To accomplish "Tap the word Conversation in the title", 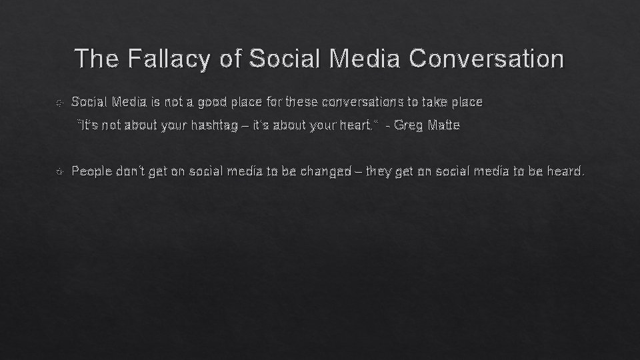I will coord(486,59).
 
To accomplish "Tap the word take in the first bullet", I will coord(439,103).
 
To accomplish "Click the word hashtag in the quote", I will coord(203,126).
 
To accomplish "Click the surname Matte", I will coord(443,126).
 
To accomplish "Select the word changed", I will coord(325,172).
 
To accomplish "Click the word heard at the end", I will coord(565,172).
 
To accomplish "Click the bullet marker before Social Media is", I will coord(59,103).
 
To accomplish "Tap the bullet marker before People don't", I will coord(59,172).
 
